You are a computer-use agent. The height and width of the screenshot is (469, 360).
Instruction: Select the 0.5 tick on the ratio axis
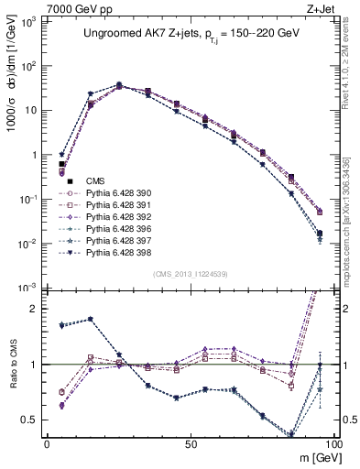click(30, 420)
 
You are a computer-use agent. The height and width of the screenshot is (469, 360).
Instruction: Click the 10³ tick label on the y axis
click(29, 19)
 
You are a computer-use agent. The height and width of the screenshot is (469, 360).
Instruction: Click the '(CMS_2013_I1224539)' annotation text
click(190, 273)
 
